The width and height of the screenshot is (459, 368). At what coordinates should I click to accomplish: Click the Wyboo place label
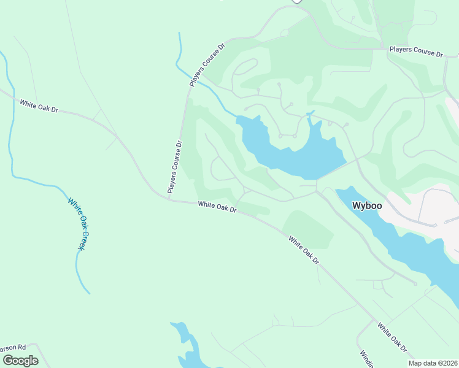367,205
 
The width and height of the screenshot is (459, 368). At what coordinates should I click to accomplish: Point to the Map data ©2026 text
432,363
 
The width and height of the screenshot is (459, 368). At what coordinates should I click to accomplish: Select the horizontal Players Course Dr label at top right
416,51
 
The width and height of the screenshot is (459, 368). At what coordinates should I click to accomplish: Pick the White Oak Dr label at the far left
38,105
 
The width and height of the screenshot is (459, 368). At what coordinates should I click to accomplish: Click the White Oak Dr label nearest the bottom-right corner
393,339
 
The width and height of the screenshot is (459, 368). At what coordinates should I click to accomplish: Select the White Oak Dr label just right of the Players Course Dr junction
217,207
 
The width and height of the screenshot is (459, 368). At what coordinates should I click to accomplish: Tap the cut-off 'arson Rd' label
13,347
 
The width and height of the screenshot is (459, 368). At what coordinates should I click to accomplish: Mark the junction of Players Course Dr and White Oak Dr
169,198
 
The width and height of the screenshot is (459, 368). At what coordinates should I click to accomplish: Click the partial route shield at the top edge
296,2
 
